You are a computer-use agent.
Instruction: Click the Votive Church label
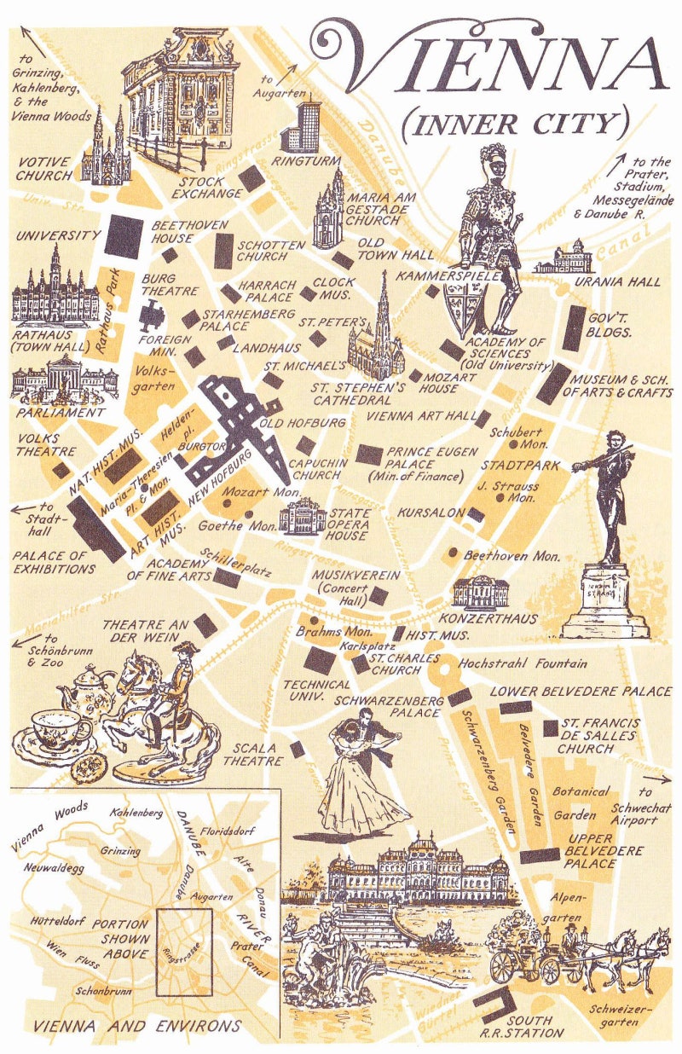(44, 168)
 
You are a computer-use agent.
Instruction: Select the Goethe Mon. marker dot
(247, 515)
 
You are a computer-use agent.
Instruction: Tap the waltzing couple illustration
(361, 772)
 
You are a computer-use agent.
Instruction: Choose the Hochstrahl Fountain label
(523, 663)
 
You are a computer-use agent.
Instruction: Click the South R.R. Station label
(534, 1026)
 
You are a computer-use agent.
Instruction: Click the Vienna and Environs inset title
(138, 1026)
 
